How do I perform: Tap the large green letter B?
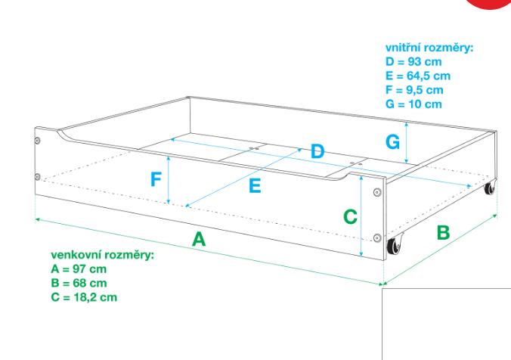pyautogui.click(x=443, y=232)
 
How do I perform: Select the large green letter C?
pyautogui.click(x=350, y=216)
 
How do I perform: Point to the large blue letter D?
pyautogui.click(x=317, y=151)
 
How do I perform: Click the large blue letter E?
pyautogui.click(x=255, y=186)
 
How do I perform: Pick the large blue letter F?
pyautogui.click(x=155, y=180)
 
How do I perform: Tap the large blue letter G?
pyautogui.click(x=392, y=141)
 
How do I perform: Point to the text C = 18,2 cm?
pyautogui.click(x=83, y=296)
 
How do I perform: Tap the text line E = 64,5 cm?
pyautogui.click(x=418, y=75)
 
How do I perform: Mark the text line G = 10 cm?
pyautogui.click(x=413, y=103)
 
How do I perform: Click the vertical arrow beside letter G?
pyautogui.click(x=407, y=141)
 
